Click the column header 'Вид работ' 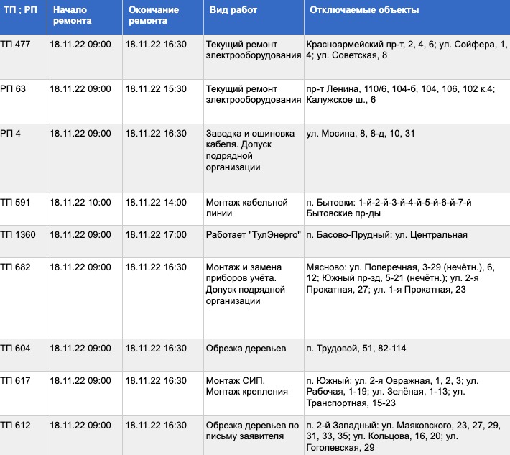point(233,11)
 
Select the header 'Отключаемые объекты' point(364,11)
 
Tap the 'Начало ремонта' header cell point(72,16)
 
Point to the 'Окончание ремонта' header point(148,16)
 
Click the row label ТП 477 point(16,45)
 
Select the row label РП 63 point(14,89)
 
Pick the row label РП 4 point(11,134)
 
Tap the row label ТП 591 point(16,203)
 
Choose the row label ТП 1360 point(18,235)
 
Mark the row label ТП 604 point(16,349)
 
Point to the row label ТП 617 point(16,380)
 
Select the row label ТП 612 point(16,426)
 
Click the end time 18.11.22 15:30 point(156,89)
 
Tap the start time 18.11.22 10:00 point(81,203)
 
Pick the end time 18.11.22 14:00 point(156,203)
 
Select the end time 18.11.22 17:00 point(156,235)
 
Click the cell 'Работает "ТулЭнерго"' point(252,235)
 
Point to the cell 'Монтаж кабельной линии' point(246,208)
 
